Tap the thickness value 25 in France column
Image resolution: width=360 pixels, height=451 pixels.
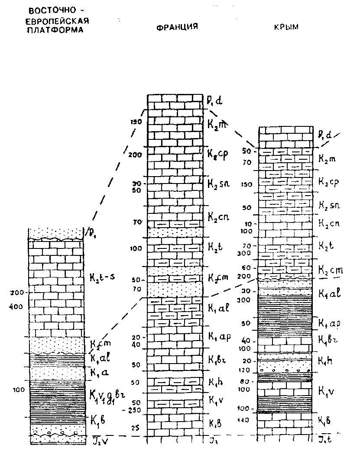136,428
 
